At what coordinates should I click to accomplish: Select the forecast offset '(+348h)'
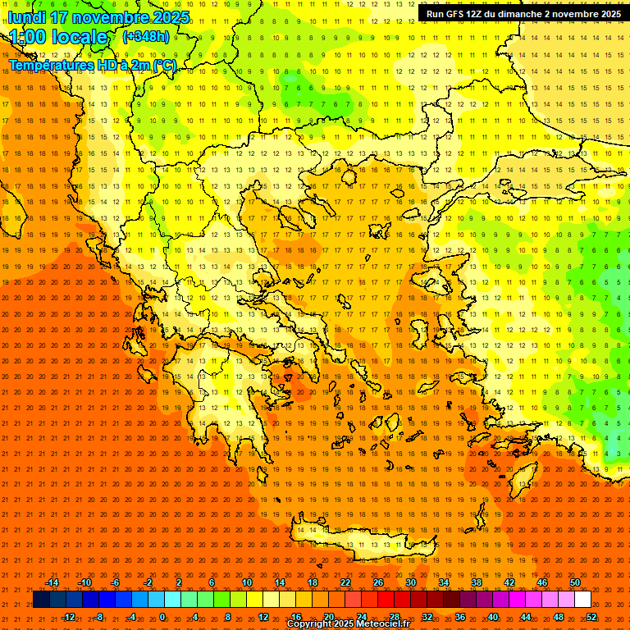click(145, 37)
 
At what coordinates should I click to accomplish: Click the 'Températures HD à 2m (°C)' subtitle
click(93, 66)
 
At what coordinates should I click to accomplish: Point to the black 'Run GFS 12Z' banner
click(523, 14)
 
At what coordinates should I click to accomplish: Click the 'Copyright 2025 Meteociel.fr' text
click(348, 624)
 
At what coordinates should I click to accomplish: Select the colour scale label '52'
click(591, 617)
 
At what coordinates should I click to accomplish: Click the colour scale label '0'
click(162, 617)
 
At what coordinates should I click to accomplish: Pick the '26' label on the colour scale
click(378, 582)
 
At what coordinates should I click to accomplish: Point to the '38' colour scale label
click(477, 582)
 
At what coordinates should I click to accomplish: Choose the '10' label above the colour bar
click(247, 582)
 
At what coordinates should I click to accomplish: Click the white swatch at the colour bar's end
click(582, 600)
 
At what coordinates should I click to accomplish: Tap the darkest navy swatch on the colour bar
click(41, 600)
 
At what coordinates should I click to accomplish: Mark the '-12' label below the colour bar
click(69, 617)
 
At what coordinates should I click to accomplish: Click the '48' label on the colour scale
click(559, 617)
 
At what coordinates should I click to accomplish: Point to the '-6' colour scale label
click(116, 582)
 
